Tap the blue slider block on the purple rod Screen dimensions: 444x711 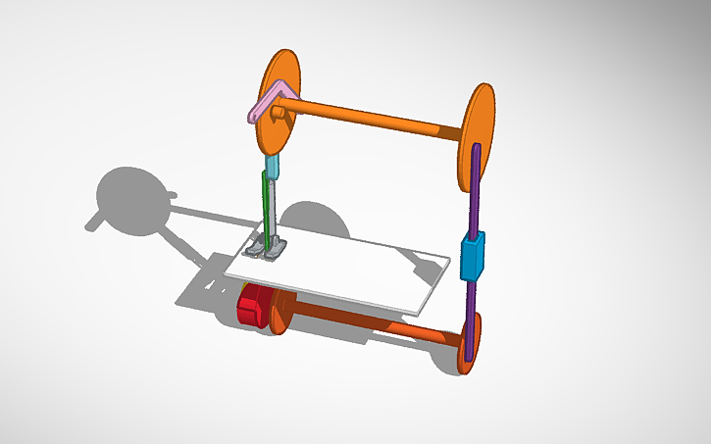pyautogui.click(x=473, y=257)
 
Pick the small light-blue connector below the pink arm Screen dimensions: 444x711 pyautogui.click(x=274, y=165)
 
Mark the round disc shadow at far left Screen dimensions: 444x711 pyautogui.click(x=132, y=201)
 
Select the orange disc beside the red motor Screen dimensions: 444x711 pyautogui.click(x=279, y=312)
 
